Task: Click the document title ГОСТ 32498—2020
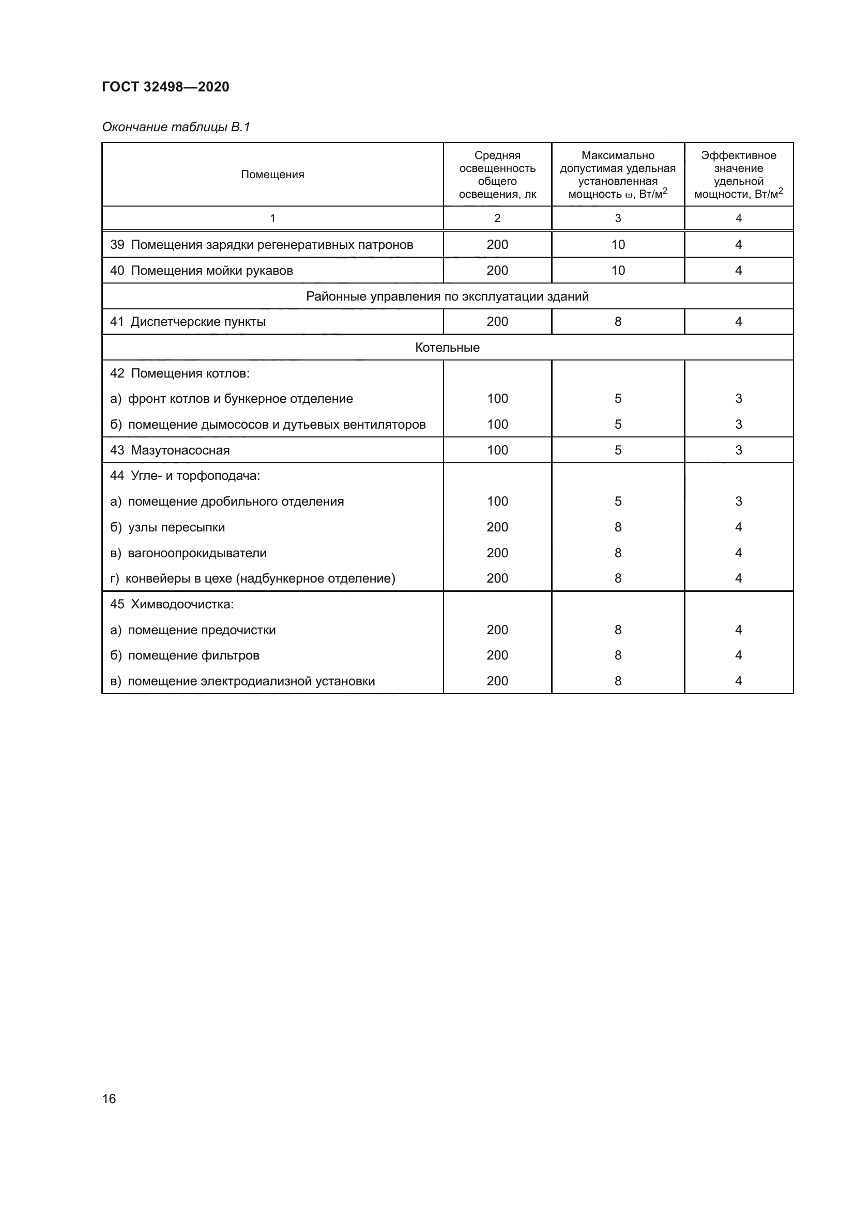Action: pos(165,87)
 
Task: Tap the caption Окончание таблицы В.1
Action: pos(176,127)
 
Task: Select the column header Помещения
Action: pos(272,175)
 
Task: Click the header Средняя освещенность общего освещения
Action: pos(497,175)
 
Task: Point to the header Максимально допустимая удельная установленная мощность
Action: pos(618,175)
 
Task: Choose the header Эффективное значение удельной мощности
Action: pos(738,175)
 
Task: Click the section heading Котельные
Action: pos(447,348)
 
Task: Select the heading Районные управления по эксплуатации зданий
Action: pos(447,296)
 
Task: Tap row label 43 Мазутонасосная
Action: pos(170,450)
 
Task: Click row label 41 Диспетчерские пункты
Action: pos(188,321)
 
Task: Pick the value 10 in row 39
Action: pos(618,245)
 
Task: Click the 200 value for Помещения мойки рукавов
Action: pos(497,271)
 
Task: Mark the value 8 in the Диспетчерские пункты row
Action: pos(618,321)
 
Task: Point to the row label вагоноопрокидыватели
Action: pos(197,553)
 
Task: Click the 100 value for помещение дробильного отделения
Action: pos(497,501)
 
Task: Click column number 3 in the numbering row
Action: pos(618,218)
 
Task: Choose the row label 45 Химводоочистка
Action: pos(172,605)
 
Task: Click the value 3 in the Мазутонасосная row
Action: pos(738,450)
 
